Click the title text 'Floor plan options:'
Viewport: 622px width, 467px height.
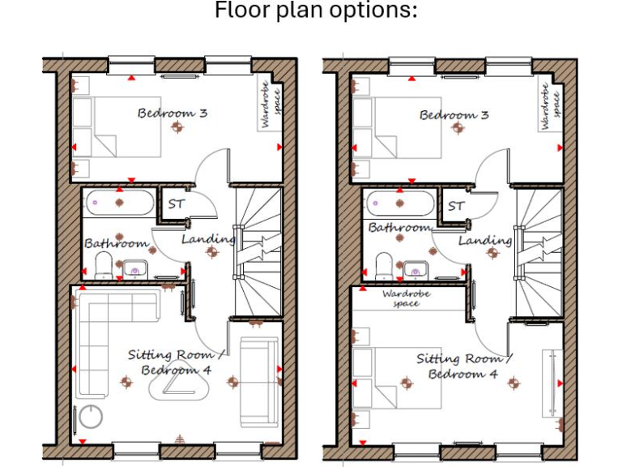click(x=316, y=11)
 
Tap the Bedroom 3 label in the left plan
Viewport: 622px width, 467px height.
click(x=172, y=113)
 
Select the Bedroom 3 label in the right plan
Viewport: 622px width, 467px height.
click(x=454, y=115)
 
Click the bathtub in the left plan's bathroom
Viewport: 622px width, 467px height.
click(x=117, y=202)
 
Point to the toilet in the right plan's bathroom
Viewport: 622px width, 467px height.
click(x=384, y=264)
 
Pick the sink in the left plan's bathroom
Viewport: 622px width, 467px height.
click(x=134, y=268)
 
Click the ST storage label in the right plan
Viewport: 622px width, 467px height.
click(x=456, y=206)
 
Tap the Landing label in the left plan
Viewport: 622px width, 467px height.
click(x=207, y=239)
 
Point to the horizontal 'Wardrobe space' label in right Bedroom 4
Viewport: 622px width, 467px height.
click(x=406, y=298)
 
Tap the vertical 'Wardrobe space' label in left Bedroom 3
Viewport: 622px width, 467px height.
click(x=271, y=104)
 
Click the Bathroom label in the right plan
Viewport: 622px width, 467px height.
click(x=398, y=228)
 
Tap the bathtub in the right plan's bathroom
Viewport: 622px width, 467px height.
click(x=399, y=202)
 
